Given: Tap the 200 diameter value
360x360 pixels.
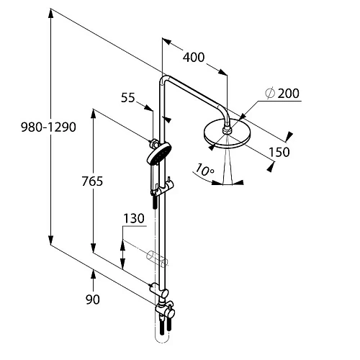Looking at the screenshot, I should pos(287,94).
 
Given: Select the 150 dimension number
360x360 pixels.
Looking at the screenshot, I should pos(279,151).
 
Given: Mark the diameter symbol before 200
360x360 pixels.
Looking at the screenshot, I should pos(269,94).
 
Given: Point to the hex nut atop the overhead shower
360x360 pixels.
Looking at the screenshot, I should pos(228,130).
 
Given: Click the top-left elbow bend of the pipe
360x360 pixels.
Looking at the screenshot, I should pos(163,80).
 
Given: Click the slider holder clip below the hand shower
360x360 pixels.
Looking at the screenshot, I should pos(163,189).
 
